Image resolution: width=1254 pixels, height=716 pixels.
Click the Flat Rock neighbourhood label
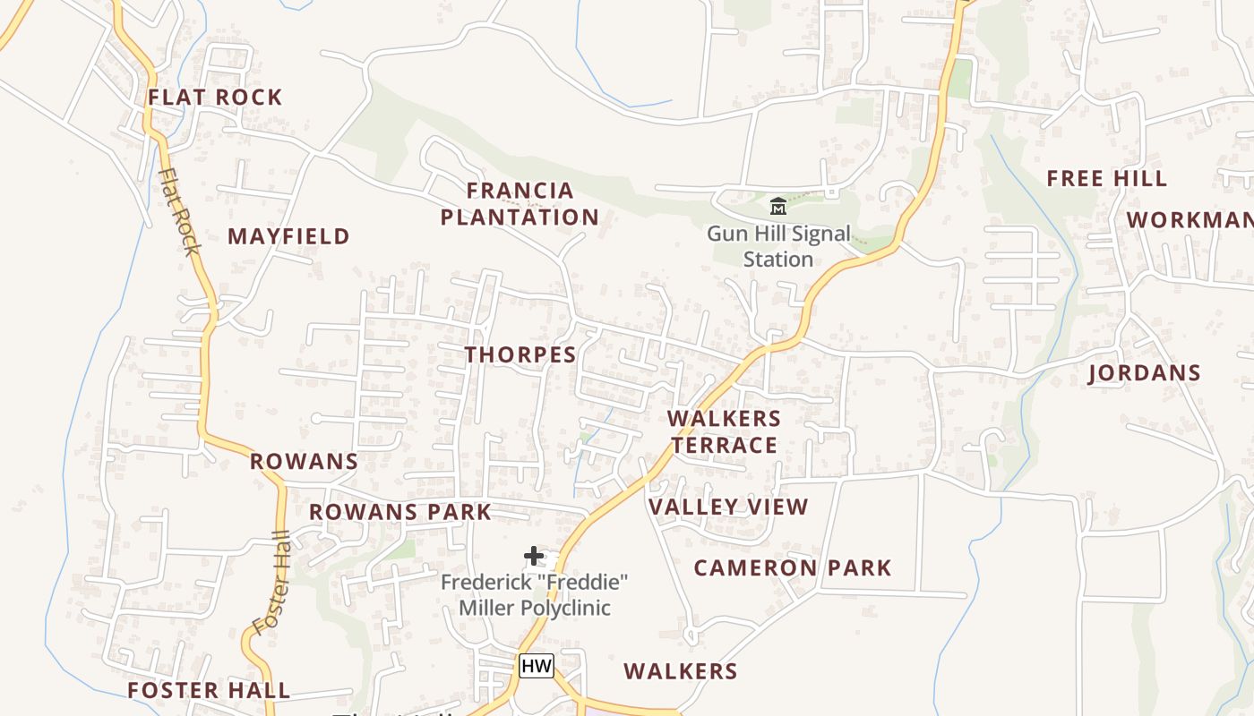coord(215,98)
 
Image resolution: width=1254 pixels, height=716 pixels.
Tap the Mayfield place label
coord(288,236)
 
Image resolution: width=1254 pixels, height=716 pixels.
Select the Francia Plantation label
coord(520,204)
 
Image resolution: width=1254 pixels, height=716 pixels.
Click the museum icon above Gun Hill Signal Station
coord(778,207)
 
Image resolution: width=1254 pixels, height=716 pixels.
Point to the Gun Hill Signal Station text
coord(778,247)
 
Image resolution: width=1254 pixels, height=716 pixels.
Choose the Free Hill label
coord(1106,179)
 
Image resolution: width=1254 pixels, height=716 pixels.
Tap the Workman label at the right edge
coord(1190,220)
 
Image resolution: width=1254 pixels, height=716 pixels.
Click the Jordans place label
coord(1145,373)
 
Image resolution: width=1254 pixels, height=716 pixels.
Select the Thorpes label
coord(520,354)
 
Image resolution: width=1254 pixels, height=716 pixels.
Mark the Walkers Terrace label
coord(724,431)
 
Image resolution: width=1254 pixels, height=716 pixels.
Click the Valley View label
coord(728,507)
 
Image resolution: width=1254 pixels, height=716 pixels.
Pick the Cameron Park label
coord(793,568)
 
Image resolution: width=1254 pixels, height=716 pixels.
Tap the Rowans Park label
coord(400,512)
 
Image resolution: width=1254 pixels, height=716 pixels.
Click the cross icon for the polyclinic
coord(534,556)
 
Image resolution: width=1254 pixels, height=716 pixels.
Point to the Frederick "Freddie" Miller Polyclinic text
coord(535,595)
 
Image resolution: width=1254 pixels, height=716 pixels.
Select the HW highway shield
coord(536,666)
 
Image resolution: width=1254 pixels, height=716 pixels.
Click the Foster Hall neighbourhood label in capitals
coord(209,690)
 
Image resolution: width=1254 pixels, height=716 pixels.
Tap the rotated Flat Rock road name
coord(178,211)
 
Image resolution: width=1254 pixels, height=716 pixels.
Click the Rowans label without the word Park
coord(304,462)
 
